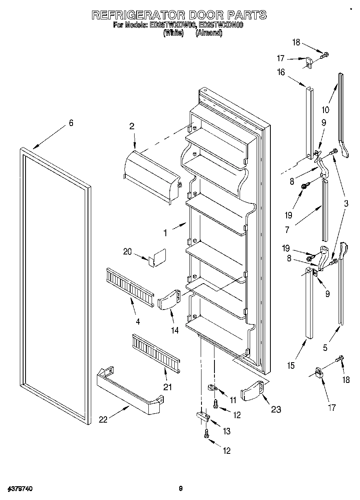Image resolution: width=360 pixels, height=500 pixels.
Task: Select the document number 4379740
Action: point(20,489)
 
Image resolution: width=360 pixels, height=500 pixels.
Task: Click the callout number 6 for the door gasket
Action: point(71,123)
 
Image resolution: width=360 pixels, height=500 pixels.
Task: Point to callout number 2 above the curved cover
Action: point(132,126)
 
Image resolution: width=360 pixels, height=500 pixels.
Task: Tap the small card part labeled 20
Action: point(156,257)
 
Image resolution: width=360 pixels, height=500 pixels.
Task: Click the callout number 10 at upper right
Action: point(325,109)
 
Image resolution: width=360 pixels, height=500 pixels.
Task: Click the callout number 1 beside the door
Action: point(165,233)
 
